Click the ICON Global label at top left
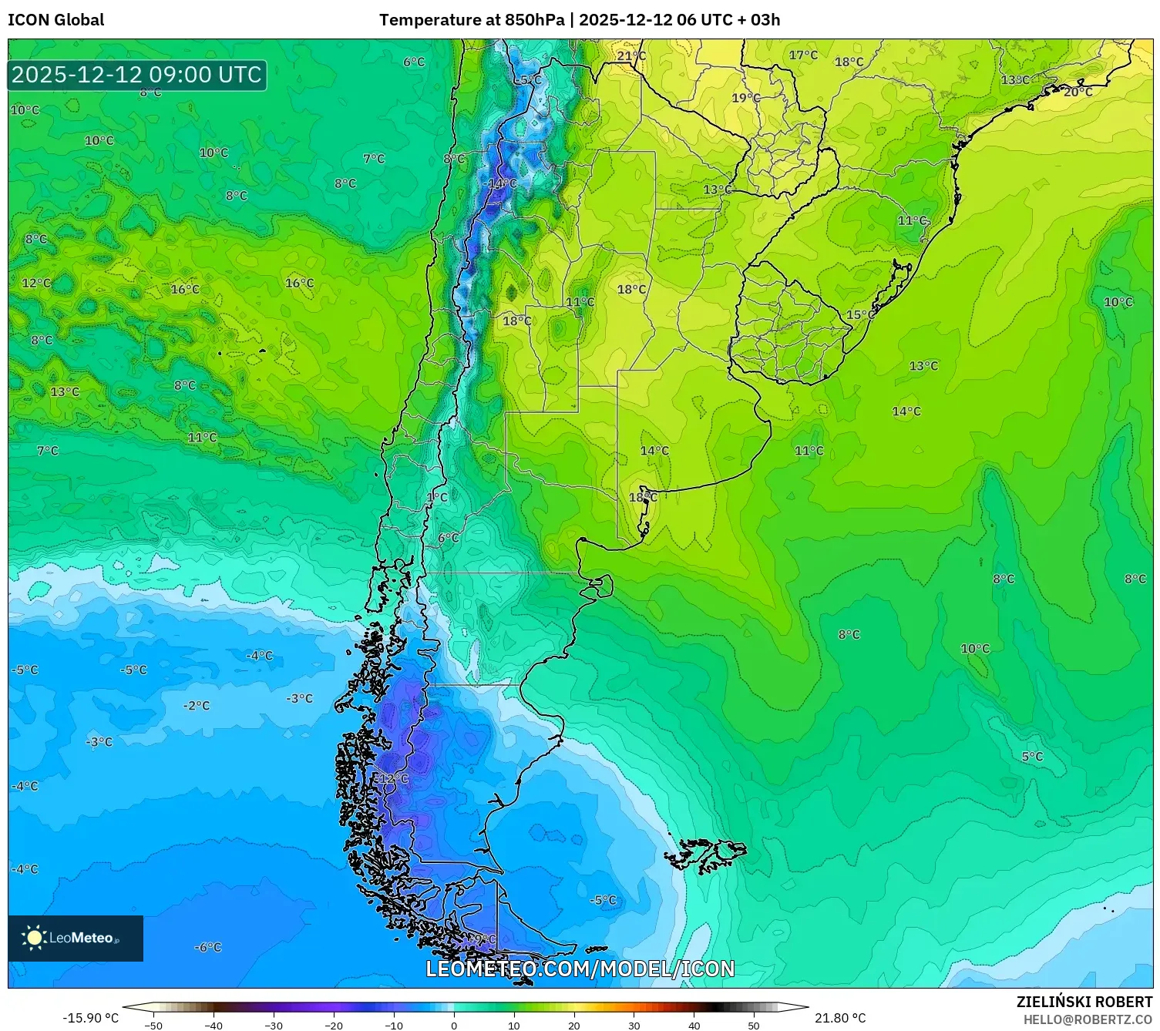(55, 20)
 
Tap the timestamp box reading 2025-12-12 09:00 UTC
(137, 75)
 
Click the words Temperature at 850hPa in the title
(471, 20)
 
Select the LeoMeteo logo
(75, 938)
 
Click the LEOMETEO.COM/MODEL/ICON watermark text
(580, 969)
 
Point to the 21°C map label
(631, 56)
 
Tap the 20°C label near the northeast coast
(1078, 92)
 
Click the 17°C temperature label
(803, 55)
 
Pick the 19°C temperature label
(746, 98)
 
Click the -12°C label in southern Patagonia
(392, 779)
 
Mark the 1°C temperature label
(437, 497)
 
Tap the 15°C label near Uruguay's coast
(861, 314)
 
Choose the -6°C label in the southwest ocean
(207, 947)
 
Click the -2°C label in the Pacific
(196, 705)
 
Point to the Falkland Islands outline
(705, 855)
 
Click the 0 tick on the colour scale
(453, 1025)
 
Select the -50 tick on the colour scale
(153, 1025)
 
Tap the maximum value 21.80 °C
(840, 1018)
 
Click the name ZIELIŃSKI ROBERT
(1084, 1002)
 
